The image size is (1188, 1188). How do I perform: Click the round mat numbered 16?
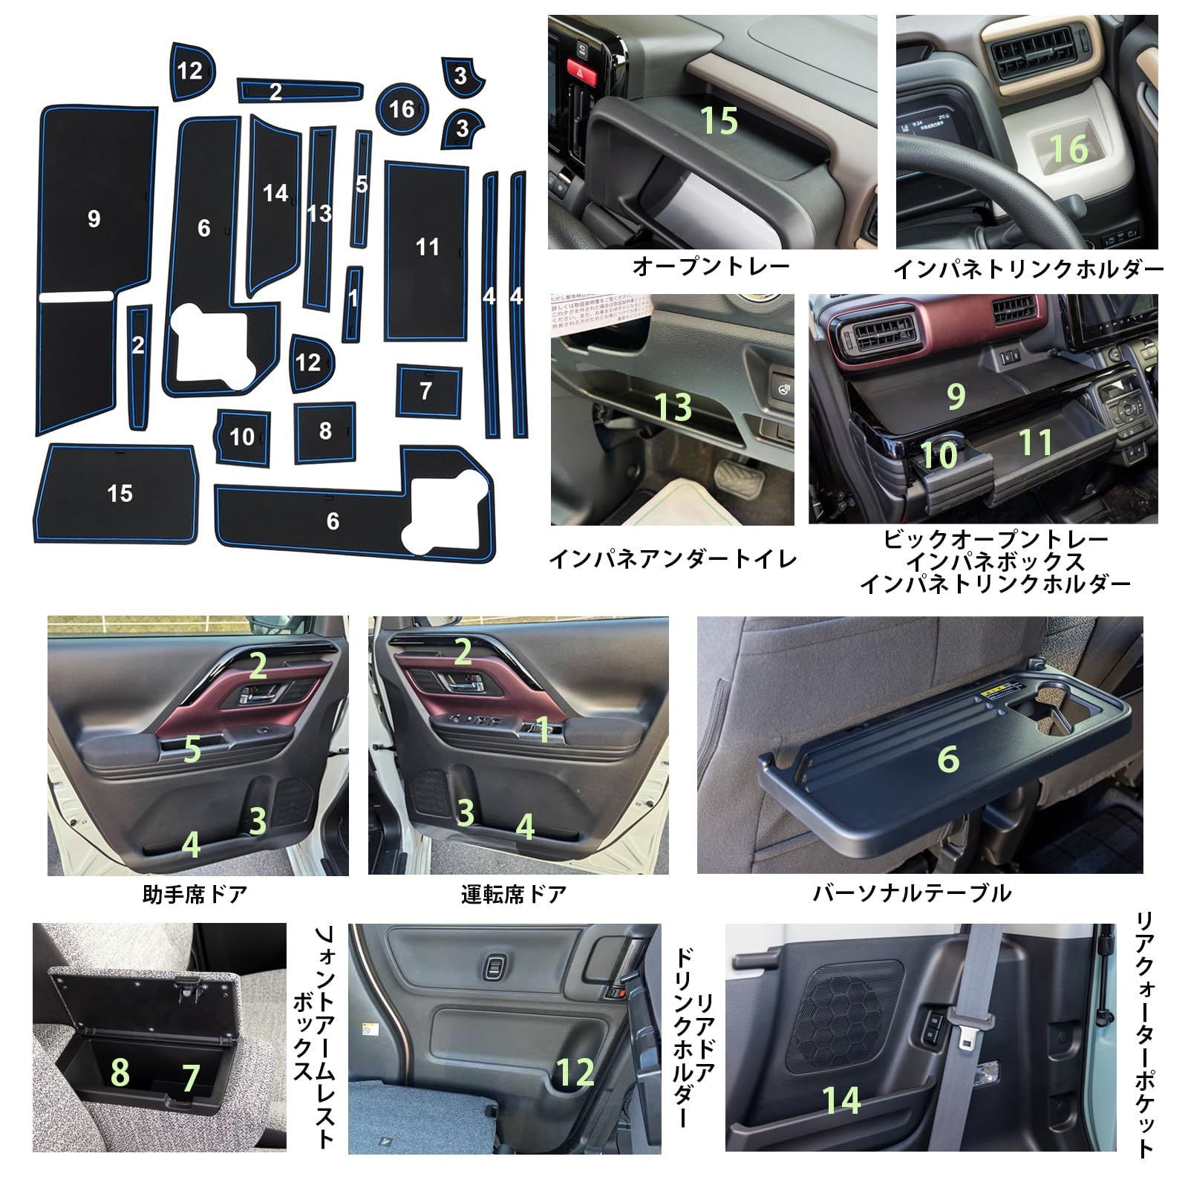pyautogui.click(x=402, y=109)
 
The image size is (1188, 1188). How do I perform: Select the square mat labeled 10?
pyautogui.click(x=242, y=437)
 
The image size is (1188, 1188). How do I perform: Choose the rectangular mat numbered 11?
pyautogui.click(x=427, y=250)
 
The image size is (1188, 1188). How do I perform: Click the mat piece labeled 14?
pyautogui.click(x=274, y=204)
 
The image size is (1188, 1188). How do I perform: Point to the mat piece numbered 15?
pyautogui.click(x=117, y=493)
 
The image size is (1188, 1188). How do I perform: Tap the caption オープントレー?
pyautogui.click(x=711, y=267)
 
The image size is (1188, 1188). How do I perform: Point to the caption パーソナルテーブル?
pyautogui.click(x=912, y=892)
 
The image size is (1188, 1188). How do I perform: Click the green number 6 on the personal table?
pyautogui.click(x=948, y=759)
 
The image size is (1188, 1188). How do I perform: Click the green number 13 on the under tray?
pyautogui.click(x=673, y=407)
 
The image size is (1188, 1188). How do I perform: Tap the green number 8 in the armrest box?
pyautogui.click(x=120, y=1072)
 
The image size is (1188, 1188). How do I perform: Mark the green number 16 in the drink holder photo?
pyautogui.click(x=1068, y=149)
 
